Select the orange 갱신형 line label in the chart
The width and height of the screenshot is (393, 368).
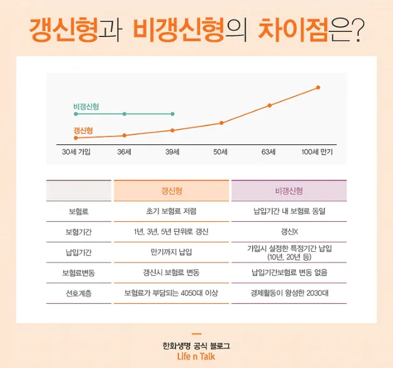(83, 131)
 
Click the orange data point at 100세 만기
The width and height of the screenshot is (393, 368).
(318, 87)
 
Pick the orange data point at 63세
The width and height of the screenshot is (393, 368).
(270, 106)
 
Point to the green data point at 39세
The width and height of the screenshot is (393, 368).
(172, 114)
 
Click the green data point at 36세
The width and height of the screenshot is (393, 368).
(125, 114)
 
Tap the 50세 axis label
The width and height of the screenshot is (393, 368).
(219, 152)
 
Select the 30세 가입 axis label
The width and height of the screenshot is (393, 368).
(76, 152)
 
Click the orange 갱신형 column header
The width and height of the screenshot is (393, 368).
(172, 191)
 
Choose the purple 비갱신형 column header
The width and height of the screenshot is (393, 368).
(289, 191)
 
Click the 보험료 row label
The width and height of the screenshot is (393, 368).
(79, 212)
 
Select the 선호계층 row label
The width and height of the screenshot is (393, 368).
(79, 293)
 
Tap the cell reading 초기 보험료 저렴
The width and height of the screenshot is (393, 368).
(172, 212)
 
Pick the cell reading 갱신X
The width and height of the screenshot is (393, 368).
(289, 232)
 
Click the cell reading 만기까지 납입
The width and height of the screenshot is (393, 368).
(172, 252)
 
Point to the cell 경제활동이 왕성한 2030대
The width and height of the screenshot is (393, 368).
(289, 293)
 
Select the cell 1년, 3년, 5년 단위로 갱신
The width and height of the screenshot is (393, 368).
(172, 232)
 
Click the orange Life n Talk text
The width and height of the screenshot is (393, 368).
(196, 357)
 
